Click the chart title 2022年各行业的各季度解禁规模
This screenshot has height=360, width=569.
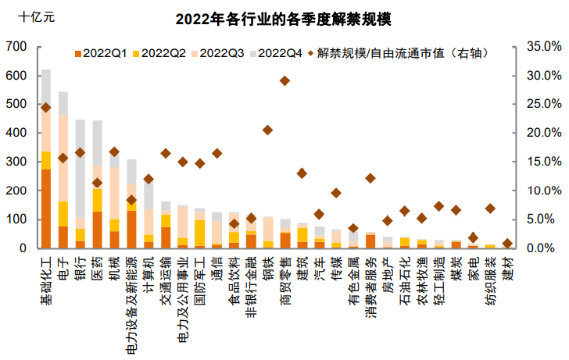pos(284,19)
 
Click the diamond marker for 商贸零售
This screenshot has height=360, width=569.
pos(284,80)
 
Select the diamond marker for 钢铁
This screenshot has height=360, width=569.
pos(267,130)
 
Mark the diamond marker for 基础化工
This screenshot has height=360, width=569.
pos(45,108)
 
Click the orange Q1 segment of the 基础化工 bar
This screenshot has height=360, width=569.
pos(46,209)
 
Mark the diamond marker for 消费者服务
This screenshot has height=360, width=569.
pos(370,178)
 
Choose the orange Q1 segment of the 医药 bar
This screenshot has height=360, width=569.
pos(97,230)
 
